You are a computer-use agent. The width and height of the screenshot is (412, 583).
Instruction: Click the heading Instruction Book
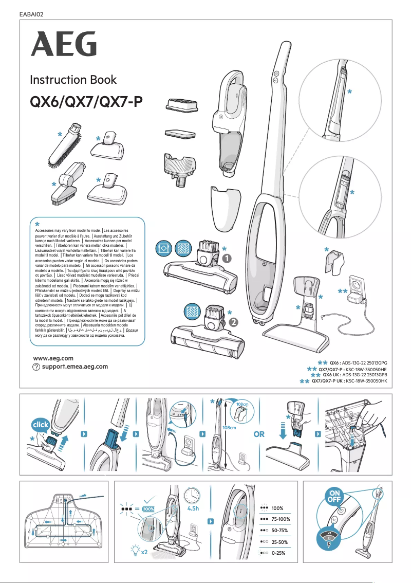(73, 80)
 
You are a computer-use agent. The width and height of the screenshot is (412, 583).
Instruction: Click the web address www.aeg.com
(53, 358)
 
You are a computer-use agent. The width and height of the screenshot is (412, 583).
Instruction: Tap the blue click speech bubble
(41, 426)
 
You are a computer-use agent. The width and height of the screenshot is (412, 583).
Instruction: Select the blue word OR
(259, 434)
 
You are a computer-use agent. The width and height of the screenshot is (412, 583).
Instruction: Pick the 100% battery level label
(277, 508)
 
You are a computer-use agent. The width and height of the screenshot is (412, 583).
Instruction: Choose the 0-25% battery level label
(279, 553)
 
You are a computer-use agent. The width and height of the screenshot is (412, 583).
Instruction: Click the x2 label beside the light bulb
(144, 552)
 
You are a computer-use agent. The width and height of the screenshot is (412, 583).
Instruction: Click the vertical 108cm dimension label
(229, 428)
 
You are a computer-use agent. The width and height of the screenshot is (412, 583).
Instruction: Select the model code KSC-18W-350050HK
(366, 382)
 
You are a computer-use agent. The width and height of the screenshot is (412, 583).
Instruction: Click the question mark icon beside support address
(36, 367)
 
